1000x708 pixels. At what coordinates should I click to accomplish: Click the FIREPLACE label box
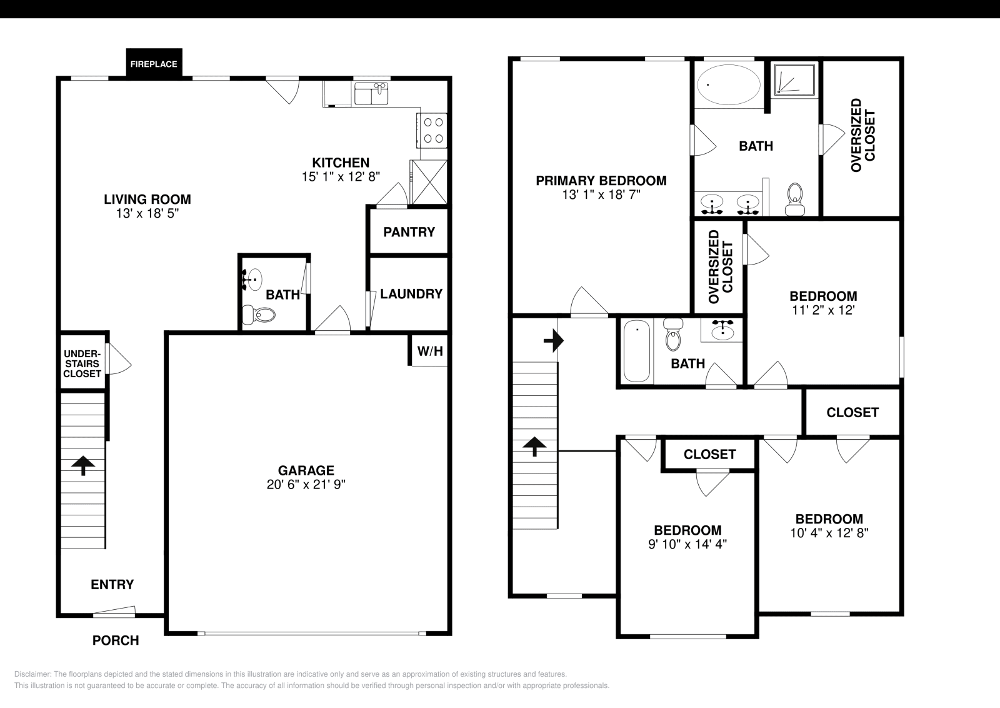[154, 64]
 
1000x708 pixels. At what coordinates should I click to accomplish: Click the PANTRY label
[409, 232]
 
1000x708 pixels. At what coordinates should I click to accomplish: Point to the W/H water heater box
[429, 351]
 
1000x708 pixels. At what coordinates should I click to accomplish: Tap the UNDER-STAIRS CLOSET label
[82, 363]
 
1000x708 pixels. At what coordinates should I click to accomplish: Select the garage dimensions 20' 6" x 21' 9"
[306, 484]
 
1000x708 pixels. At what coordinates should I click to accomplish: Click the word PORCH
[116, 640]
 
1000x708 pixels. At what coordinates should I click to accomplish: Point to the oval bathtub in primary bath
[729, 85]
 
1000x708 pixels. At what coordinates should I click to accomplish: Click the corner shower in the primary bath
[795, 79]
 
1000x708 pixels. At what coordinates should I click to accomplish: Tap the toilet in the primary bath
[795, 197]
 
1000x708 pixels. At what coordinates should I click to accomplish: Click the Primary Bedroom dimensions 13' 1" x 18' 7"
[601, 195]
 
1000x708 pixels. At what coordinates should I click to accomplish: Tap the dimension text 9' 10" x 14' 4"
[687, 544]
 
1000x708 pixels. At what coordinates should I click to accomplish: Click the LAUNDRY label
[411, 294]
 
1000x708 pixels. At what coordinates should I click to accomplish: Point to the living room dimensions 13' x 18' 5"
[147, 213]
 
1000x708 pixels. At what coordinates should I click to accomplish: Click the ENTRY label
[112, 584]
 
